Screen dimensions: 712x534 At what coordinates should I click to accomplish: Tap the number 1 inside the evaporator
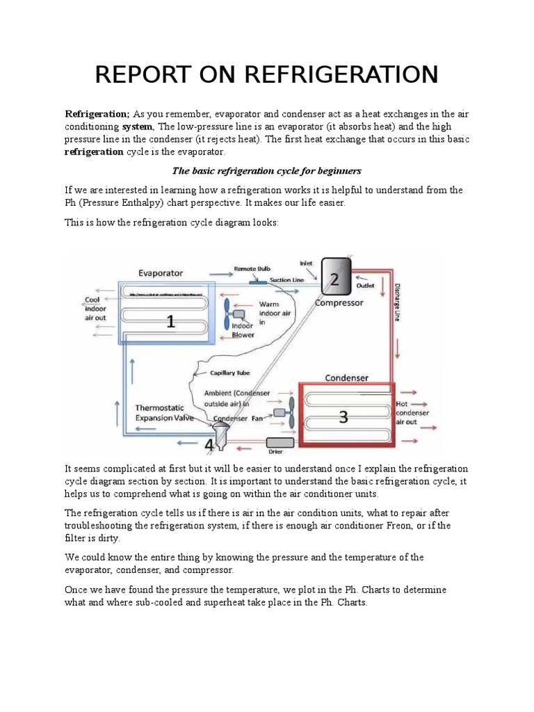170,321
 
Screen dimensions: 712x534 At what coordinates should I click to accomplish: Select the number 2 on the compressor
334,280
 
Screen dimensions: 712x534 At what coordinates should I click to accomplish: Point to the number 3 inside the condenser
343,416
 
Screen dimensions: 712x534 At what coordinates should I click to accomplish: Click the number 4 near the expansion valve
209,444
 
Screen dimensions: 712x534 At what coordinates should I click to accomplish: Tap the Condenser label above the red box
347,378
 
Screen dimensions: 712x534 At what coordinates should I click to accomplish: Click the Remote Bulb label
252,268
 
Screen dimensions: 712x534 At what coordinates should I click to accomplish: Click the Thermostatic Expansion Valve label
165,413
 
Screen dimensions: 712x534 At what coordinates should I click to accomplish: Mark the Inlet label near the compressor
307,264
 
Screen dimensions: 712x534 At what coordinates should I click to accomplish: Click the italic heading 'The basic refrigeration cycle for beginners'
266,170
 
